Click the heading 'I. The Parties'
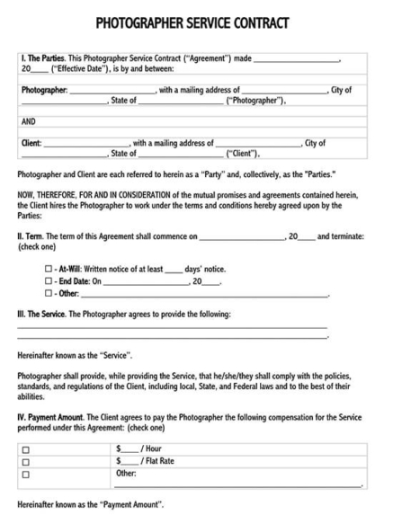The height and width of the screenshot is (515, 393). click(x=42, y=58)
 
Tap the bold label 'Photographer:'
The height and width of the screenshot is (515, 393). click(x=44, y=91)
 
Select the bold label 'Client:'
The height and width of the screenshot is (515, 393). click(x=31, y=143)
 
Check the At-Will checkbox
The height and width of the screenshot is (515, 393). click(x=49, y=269)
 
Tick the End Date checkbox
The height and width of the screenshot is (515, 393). click(x=49, y=281)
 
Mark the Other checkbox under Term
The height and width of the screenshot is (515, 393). click(x=49, y=294)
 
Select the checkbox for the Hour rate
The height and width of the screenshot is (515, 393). click(x=25, y=449)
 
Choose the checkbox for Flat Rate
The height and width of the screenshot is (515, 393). click(x=25, y=462)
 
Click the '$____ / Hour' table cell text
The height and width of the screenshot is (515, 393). click(x=138, y=448)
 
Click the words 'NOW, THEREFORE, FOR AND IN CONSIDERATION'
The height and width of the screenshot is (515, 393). click(x=96, y=196)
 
